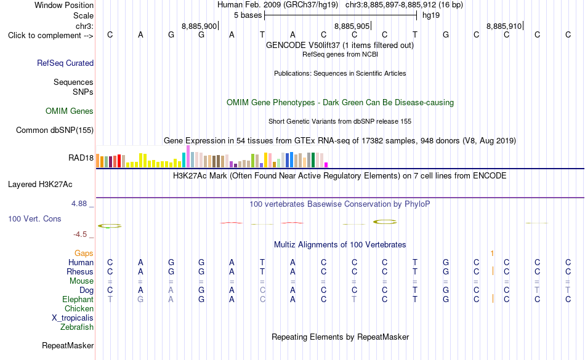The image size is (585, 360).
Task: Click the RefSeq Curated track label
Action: (65, 63)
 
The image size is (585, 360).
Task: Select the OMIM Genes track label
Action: (70, 111)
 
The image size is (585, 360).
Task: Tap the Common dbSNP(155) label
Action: (55, 130)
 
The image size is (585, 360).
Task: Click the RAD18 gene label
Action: (81, 158)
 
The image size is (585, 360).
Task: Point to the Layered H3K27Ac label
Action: (40, 185)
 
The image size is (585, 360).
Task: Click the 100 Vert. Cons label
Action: (34, 218)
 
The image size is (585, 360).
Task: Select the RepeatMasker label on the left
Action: (68, 345)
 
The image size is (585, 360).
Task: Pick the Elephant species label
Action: (78, 299)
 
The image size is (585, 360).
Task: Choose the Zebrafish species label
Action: (77, 327)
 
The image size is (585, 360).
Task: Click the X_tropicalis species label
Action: (73, 318)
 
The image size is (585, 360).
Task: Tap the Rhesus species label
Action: (80, 271)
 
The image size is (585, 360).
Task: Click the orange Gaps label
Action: (84, 253)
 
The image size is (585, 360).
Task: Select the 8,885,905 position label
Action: (352, 26)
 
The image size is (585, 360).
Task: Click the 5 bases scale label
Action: (248, 15)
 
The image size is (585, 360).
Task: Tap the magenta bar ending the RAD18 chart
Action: (326, 165)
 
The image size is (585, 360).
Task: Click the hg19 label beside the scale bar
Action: (431, 15)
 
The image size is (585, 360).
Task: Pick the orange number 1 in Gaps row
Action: (492, 254)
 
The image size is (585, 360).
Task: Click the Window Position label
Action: (64, 5)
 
